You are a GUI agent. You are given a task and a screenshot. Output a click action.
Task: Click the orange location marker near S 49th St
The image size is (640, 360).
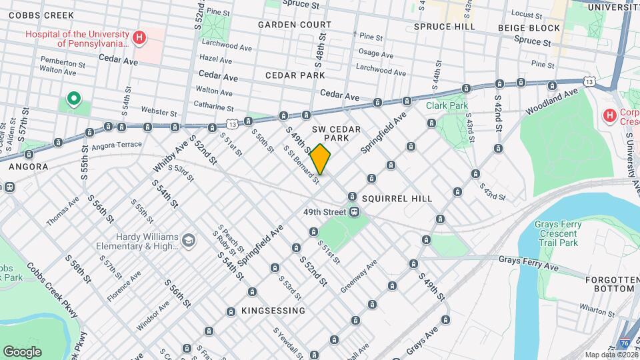point(320,159)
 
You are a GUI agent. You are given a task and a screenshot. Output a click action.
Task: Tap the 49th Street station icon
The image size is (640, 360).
point(355,212)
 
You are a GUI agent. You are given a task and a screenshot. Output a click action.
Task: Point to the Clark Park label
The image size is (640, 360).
point(447,105)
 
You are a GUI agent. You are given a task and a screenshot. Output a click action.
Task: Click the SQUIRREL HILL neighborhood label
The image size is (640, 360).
point(397,199)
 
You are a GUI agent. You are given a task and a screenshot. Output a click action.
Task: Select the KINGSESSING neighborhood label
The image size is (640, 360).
point(273,311)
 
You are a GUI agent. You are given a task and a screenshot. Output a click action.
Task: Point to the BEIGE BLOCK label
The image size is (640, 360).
point(529,28)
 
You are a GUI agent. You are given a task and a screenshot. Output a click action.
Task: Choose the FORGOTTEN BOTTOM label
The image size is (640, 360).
point(610,284)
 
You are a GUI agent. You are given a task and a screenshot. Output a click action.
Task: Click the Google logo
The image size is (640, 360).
point(22,351)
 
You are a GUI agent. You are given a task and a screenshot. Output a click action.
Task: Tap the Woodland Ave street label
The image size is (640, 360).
point(551,100)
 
